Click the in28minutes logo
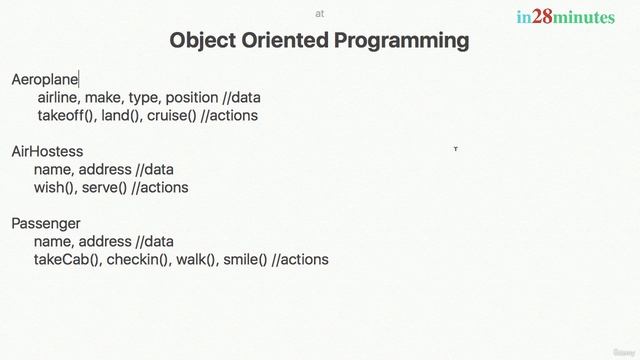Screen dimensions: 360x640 (565, 17)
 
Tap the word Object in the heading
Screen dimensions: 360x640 (202, 41)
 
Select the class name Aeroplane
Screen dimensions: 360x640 (44, 79)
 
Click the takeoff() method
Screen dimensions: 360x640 (66, 115)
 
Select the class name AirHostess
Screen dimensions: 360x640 (47, 152)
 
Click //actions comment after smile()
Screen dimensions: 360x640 (300, 259)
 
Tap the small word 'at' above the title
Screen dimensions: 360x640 (320, 14)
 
